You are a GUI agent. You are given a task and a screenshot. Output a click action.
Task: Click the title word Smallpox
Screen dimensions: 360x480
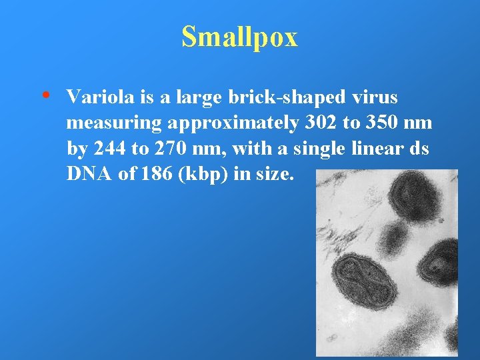pyautogui.click(x=239, y=37)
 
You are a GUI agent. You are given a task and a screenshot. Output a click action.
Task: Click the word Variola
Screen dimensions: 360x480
pyautogui.click(x=101, y=97)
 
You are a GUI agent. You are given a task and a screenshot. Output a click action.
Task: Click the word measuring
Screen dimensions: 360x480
pyautogui.click(x=111, y=124)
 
